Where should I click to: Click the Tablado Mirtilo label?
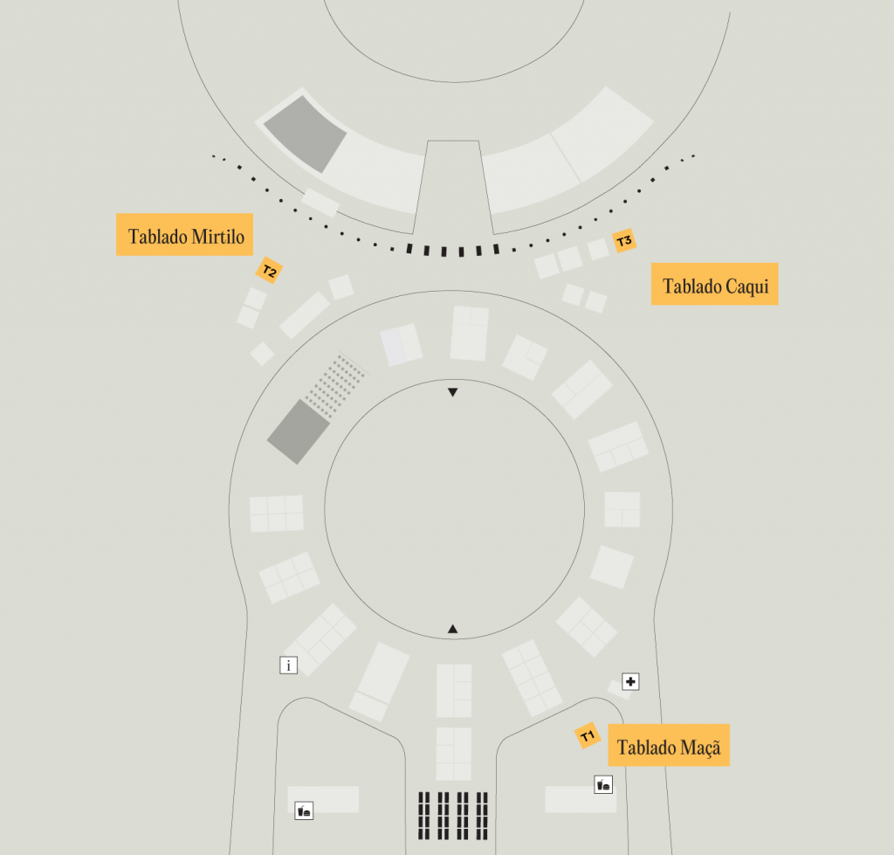(x=185, y=234)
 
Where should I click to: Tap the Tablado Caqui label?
(x=714, y=284)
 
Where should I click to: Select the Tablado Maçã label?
(x=669, y=745)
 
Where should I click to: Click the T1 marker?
(x=588, y=735)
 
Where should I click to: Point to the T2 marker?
(x=269, y=271)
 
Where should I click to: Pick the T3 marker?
(x=624, y=241)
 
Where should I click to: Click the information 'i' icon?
(x=288, y=665)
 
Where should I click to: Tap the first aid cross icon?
(x=630, y=681)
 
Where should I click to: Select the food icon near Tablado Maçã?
(x=603, y=785)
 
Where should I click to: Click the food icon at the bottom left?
(x=304, y=810)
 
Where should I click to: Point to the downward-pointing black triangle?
(x=453, y=392)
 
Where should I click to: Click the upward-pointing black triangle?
(x=453, y=629)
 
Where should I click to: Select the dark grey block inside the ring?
(x=299, y=431)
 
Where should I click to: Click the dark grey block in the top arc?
(x=305, y=134)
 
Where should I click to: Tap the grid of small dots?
(x=335, y=385)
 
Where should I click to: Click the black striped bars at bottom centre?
(x=453, y=816)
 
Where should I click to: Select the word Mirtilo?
(x=217, y=236)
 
